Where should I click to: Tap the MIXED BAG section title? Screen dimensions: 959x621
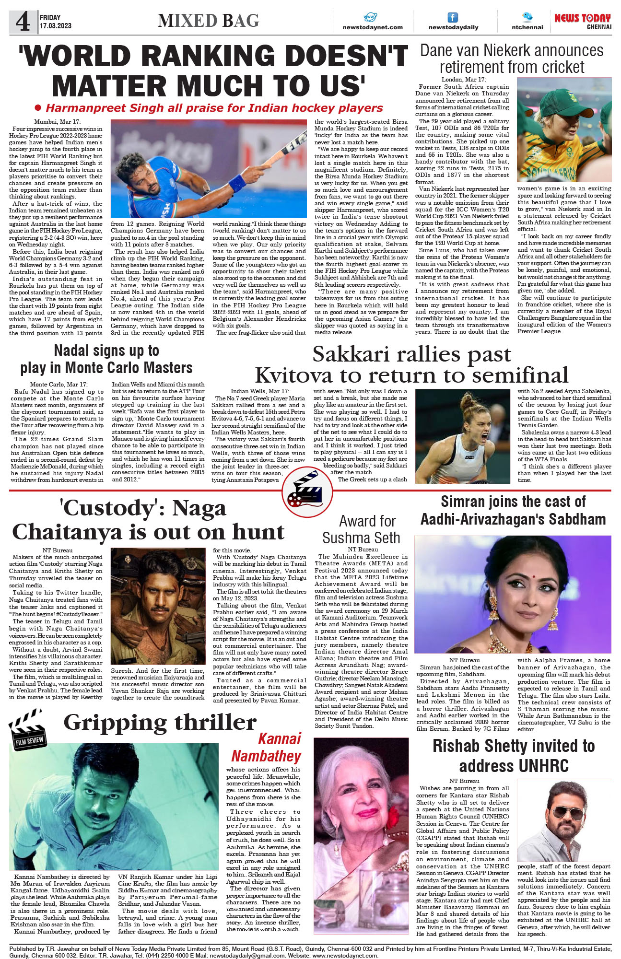coord(209,21)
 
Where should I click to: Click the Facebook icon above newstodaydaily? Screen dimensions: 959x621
coord(453,18)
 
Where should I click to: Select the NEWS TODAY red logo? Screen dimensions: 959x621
coord(582,18)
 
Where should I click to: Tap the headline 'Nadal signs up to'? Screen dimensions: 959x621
coord(106,351)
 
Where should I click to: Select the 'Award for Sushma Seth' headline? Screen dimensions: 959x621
coord(362,529)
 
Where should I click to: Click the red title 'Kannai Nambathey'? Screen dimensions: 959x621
coord(267,748)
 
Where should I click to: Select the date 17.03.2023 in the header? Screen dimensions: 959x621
coord(56,26)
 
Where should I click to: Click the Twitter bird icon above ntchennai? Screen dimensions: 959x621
coord(527,17)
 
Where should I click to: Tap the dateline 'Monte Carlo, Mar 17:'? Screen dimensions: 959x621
coord(59,385)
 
